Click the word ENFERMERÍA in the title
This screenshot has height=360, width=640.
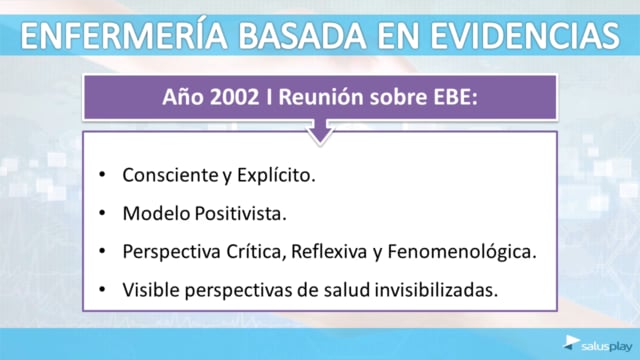[124, 35]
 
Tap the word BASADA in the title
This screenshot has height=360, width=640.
[302, 36]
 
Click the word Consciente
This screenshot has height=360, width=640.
[171, 175]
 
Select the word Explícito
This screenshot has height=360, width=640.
[276, 176]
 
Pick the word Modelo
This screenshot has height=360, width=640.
[157, 213]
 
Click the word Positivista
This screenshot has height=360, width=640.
[240, 213]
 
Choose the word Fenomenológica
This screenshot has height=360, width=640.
[462, 252]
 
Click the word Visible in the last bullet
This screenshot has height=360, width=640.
[151, 290]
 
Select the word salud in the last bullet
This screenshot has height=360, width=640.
[347, 290]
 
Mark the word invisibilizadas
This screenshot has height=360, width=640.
[436, 290]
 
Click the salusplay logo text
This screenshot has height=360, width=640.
[607, 347]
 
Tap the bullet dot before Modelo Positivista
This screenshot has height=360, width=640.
[102, 213]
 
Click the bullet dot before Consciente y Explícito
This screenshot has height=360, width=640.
[102, 175]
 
